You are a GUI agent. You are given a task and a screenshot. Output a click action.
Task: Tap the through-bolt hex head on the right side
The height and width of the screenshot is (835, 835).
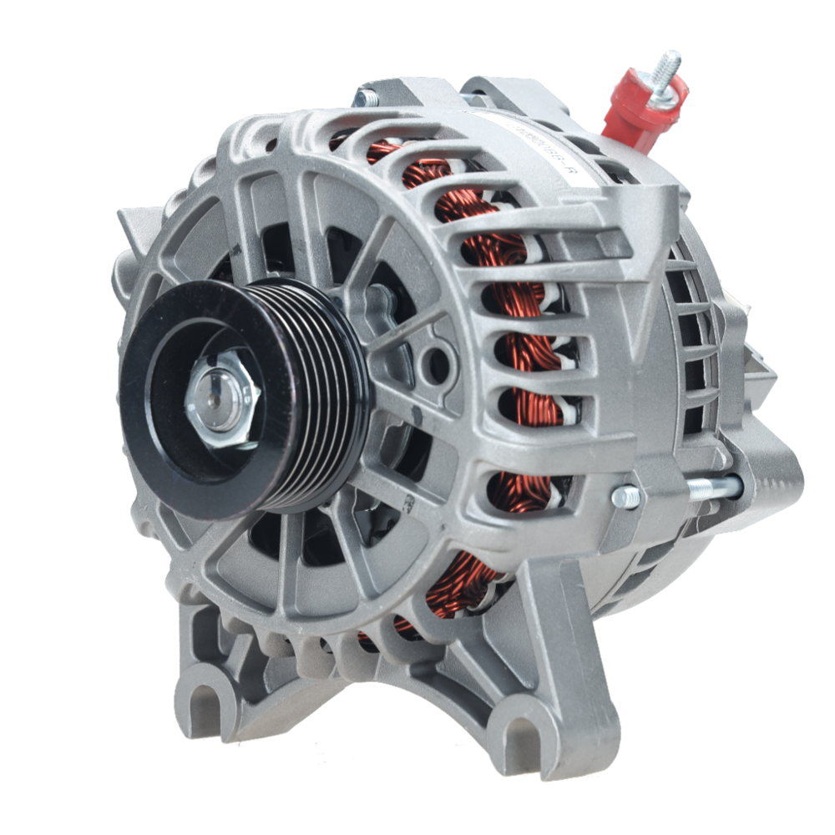(626, 497)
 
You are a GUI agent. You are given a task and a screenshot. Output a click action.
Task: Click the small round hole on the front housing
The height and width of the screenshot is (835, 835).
(434, 362)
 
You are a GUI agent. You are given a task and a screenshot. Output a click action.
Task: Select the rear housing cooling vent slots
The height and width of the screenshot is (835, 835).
(693, 317)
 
